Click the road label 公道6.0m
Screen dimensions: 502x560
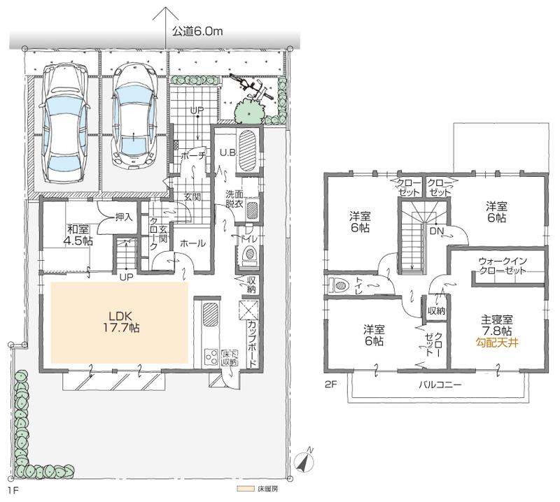(197, 31)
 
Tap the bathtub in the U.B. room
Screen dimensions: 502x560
(249, 150)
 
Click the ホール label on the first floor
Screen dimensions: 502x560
(192, 244)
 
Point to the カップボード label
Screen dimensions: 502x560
(251, 341)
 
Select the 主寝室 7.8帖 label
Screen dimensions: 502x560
(495, 324)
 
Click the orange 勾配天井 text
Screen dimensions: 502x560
(495, 343)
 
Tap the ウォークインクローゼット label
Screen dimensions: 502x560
(503, 266)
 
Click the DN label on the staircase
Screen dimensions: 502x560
(436, 231)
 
